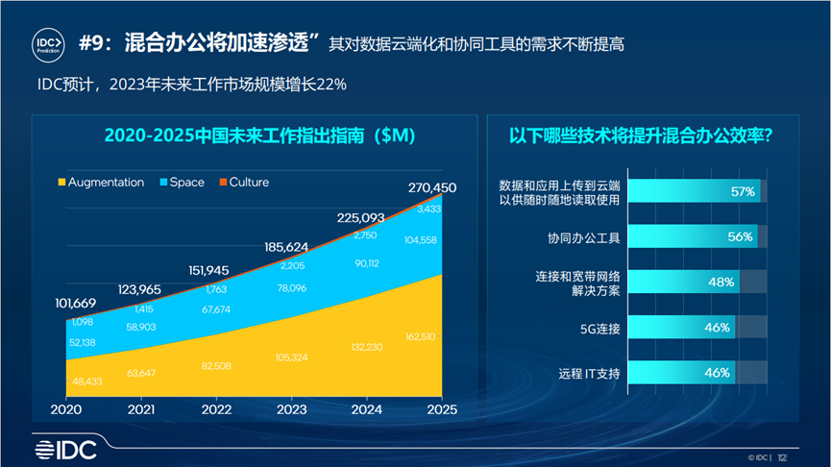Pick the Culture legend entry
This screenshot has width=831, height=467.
point(243,182)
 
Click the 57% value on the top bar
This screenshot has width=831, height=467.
point(742,191)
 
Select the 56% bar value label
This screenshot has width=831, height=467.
point(740,236)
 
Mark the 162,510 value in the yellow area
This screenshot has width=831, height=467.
point(423,337)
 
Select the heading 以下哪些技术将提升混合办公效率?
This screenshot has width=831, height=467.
point(641,135)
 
